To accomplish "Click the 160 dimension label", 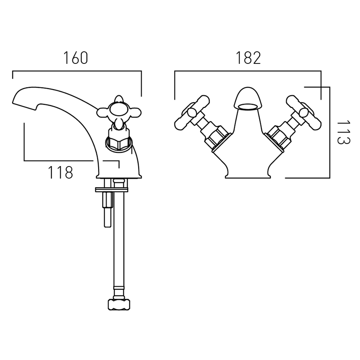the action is (x=76, y=58).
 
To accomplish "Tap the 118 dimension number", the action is (x=60, y=172).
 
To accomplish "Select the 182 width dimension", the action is (x=248, y=58).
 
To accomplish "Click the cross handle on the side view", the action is (x=119, y=112).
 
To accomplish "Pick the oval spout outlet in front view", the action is (x=248, y=106).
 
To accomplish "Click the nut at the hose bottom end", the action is (x=119, y=305).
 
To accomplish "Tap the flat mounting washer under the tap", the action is (x=112, y=189).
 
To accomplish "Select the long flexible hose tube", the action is (x=119, y=239).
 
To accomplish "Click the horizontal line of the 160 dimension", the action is (x=77, y=71).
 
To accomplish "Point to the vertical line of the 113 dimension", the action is (x=330, y=132).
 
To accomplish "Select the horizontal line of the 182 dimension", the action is (x=248, y=71).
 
